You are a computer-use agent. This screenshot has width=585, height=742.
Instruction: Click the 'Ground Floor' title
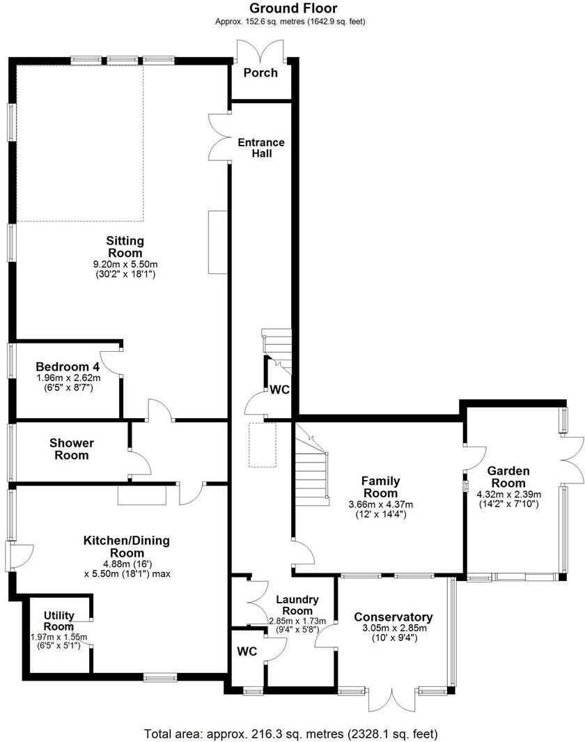292,8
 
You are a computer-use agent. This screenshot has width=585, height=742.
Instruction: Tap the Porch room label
260,73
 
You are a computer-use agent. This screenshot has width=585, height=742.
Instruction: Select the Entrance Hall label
261,148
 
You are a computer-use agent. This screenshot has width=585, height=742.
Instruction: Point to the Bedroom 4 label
68,366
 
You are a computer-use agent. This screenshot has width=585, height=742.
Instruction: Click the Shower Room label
72,449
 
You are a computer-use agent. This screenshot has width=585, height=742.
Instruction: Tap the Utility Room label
58,621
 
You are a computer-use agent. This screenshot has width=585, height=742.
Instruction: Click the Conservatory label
393,617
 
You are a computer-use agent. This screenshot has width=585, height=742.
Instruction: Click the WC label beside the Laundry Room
247,652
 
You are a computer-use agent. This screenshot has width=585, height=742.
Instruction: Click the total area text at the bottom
292,734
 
